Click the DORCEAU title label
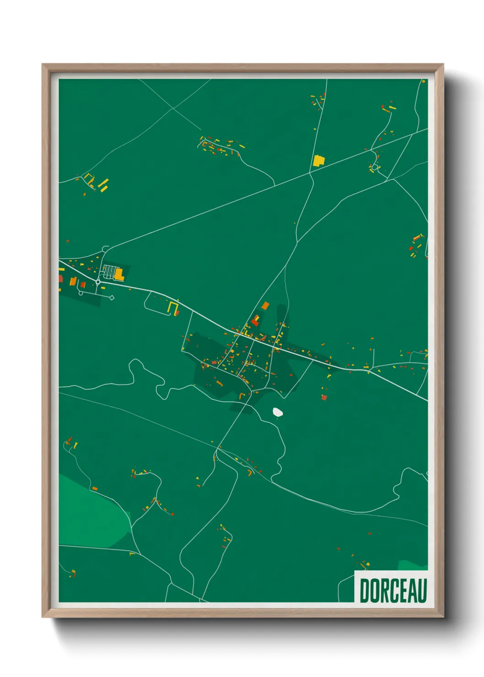point(393,590)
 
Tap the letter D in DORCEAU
point(365,591)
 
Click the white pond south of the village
point(277,412)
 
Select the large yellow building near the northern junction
point(318,161)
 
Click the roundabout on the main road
point(98,282)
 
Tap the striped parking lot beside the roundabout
point(109,272)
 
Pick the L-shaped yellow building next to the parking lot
point(119,274)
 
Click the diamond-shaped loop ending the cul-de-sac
point(112,298)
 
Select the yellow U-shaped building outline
point(172,307)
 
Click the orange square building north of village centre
point(265,305)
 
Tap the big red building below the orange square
point(255,322)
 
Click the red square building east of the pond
point(324,397)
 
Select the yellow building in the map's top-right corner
point(424,81)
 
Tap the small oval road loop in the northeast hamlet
point(375,167)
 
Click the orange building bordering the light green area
point(95,489)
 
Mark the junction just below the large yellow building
point(311,172)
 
